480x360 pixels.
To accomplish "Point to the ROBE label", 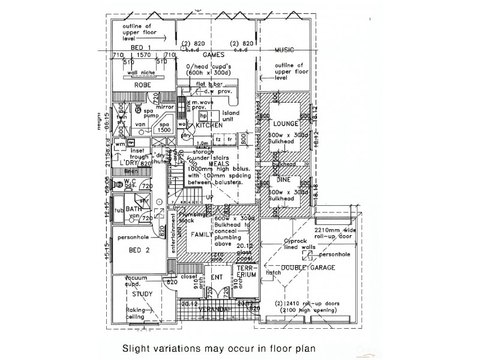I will [142, 85].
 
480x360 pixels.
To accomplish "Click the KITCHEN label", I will [209, 125].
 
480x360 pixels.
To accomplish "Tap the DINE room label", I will [284, 179].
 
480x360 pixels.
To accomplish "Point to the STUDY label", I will [142, 294].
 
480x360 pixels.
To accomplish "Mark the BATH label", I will [133, 209].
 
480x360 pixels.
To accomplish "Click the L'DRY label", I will [129, 163].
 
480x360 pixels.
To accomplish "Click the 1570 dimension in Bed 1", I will [143, 55].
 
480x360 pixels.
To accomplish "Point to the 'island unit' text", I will [230, 116].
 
